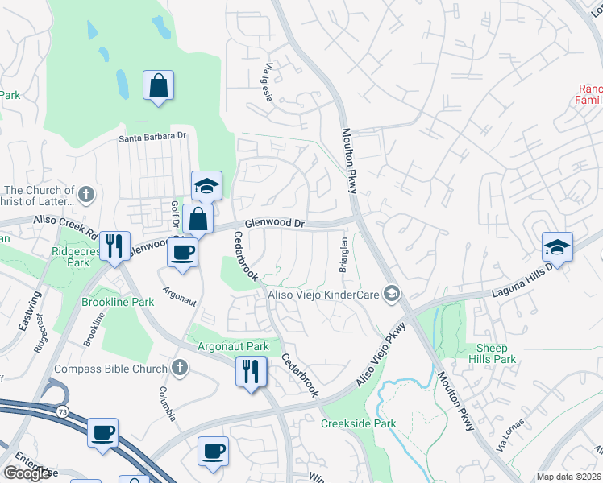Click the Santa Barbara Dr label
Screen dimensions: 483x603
pos(152,137)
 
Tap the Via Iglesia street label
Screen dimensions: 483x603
pos(264,83)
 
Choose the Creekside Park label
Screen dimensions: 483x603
pos(359,423)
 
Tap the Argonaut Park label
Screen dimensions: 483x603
pos(234,346)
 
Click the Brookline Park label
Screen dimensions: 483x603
pos(118,302)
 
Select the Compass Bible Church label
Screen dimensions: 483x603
pos(110,369)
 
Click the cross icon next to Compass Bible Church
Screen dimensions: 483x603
pos(180,368)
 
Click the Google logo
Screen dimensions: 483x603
pos(27,473)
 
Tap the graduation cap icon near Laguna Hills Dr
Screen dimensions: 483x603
pos(558,246)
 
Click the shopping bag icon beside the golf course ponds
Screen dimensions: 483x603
pos(159,85)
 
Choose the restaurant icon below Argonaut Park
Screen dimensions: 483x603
pos(251,371)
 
